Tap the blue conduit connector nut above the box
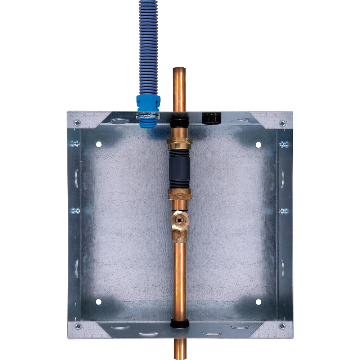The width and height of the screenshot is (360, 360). pyautogui.click(x=148, y=102)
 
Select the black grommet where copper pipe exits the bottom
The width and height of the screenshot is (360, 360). pyautogui.click(x=180, y=324)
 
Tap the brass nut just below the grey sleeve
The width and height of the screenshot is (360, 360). pyautogui.click(x=180, y=194)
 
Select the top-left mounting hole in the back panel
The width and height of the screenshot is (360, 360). pyautogui.click(x=99, y=144)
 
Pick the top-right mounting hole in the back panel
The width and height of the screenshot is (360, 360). pyautogui.click(x=258, y=144)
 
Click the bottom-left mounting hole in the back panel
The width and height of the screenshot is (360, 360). pyautogui.click(x=99, y=302)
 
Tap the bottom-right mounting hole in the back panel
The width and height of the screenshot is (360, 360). pyautogui.click(x=258, y=302)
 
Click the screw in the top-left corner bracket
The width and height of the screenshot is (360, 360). pyautogui.click(x=77, y=122)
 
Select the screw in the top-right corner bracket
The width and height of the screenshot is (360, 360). pyautogui.click(x=282, y=123)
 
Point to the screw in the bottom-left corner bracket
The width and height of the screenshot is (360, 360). pyautogui.click(x=77, y=326)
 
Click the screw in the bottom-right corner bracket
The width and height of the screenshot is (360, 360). pyautogui.click(x=282, y=326)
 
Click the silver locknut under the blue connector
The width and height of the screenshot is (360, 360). pyautogui.click(x=148, y=116)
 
